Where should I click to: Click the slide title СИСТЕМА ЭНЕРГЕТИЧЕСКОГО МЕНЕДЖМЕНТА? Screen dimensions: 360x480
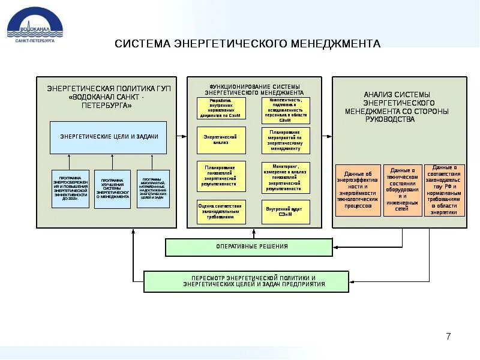click(247, 44)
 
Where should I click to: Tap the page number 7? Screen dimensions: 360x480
click(448, 336)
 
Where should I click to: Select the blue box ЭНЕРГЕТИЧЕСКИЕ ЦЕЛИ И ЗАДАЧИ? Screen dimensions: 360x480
click(109, 137)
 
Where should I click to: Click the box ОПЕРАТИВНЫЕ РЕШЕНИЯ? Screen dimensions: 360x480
click(249, 247)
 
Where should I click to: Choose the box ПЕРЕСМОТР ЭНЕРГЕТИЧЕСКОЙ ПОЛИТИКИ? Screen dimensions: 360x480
click(246, 281)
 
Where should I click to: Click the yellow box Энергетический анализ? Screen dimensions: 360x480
click(221, 140)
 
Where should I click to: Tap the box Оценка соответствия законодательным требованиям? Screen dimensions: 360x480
click(221, 212)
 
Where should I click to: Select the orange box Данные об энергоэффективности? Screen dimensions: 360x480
click(358, 190)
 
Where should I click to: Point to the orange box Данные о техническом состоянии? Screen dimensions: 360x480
click(402, 190)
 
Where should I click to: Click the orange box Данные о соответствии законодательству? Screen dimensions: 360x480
click(445, 190)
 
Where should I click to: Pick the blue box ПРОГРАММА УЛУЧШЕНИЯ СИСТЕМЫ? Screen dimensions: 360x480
click(112, 188)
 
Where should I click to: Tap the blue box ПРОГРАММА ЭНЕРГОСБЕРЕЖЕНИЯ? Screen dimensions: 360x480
click(70, 188)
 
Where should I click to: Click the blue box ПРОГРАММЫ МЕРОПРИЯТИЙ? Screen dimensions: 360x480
click(154, 188)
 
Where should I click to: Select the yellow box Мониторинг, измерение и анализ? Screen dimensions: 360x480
click(286, 177)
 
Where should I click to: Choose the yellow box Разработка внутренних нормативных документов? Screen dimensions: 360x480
click(221, 109)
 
